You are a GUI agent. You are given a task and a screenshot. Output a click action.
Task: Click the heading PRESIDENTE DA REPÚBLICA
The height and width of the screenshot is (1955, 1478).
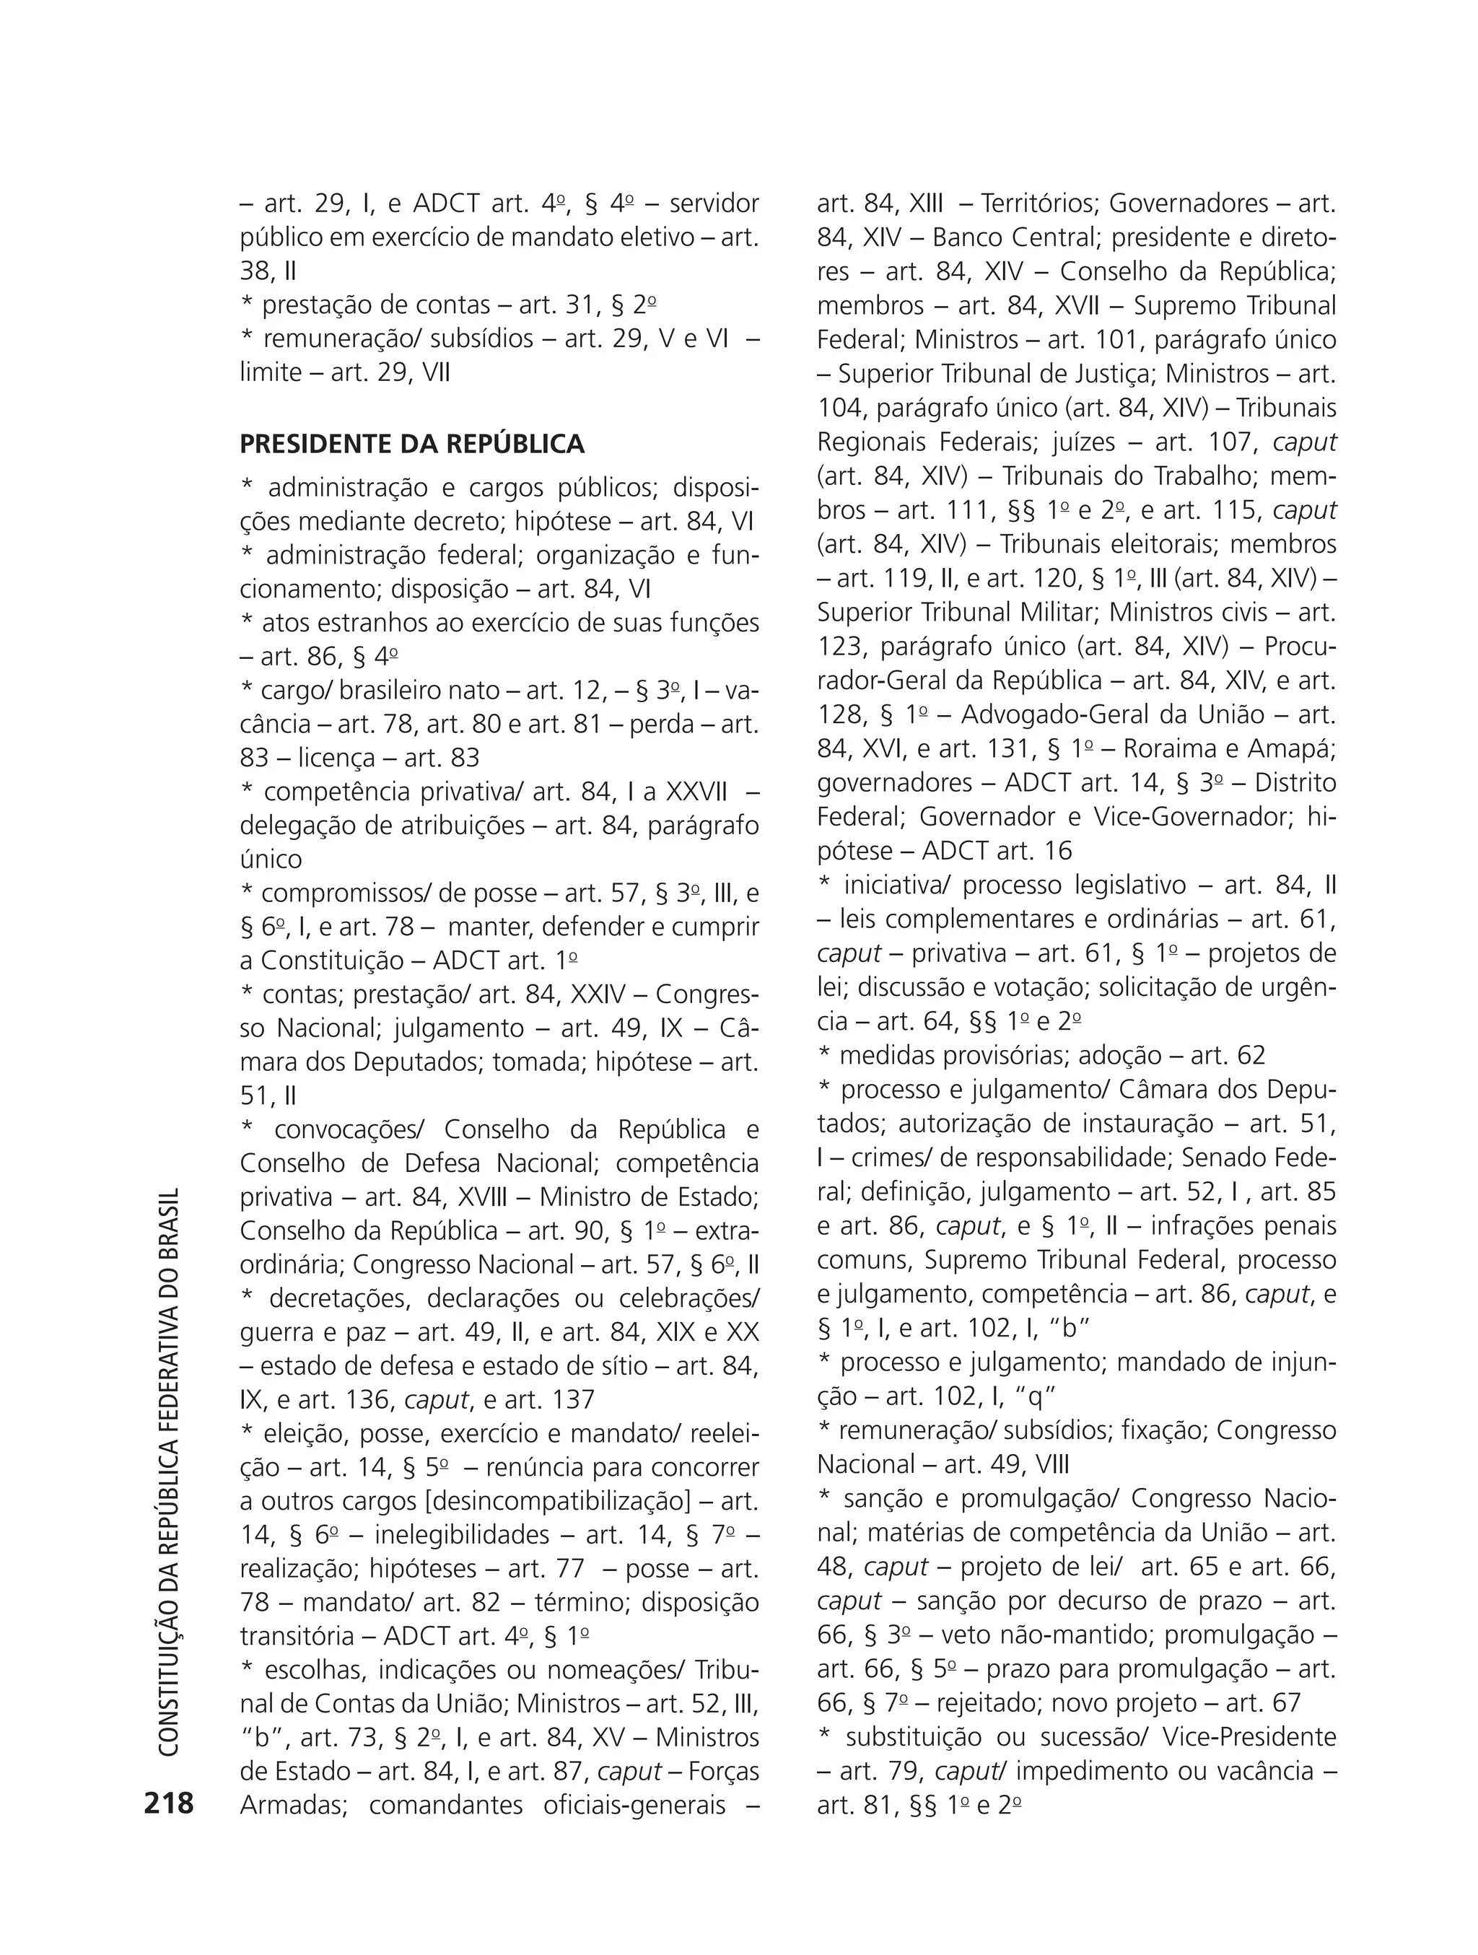pyautogui.click(x=412, y=444)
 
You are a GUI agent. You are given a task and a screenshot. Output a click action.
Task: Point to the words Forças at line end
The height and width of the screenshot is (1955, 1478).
pyautogui.click(x=722, y=1771)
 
